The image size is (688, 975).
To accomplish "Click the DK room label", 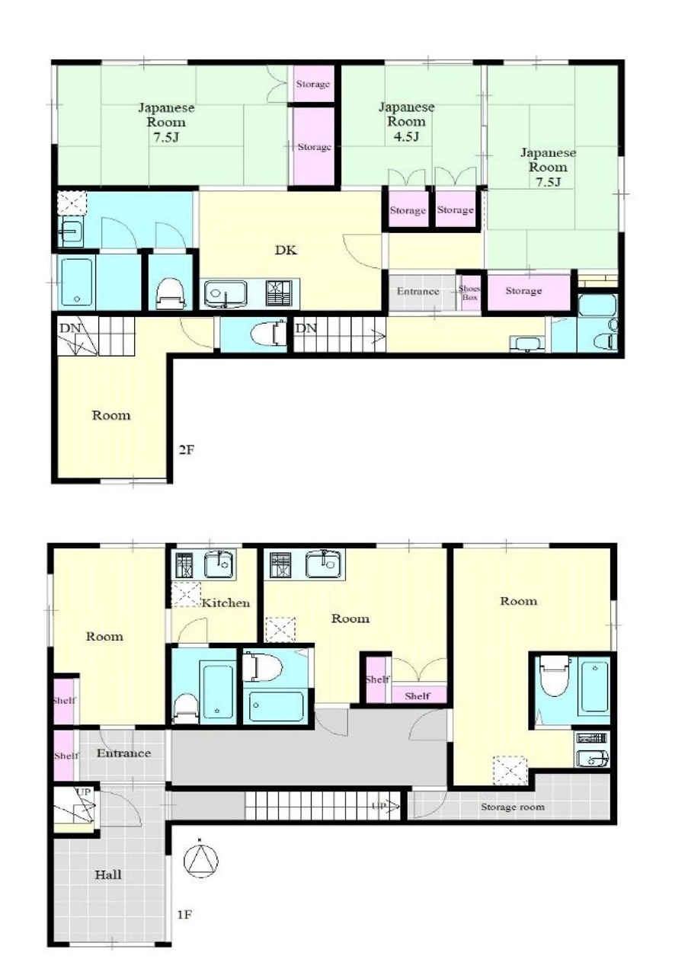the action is [286, 251].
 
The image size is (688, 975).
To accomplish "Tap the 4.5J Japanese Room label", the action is [406, 121].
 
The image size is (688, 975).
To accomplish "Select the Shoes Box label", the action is [469, 293].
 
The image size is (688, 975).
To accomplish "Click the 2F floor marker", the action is [187, 449].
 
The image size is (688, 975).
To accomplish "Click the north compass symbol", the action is [200, 860].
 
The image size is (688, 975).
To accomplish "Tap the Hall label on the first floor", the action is [108, 874].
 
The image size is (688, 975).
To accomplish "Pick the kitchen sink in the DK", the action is [226, 294].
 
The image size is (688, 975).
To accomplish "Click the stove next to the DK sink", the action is [280, 292].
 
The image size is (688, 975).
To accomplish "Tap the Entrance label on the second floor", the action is [418, 291].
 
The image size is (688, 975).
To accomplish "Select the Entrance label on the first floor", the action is [123, 753].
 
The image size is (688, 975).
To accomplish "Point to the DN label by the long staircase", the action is [306, 328].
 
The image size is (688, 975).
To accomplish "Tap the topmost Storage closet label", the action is [312, 84].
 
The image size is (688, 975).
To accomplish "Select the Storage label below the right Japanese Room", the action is [523, 290].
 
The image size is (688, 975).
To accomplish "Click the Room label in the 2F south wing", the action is [111, 415].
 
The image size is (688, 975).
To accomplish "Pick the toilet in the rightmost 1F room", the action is [555, 676].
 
